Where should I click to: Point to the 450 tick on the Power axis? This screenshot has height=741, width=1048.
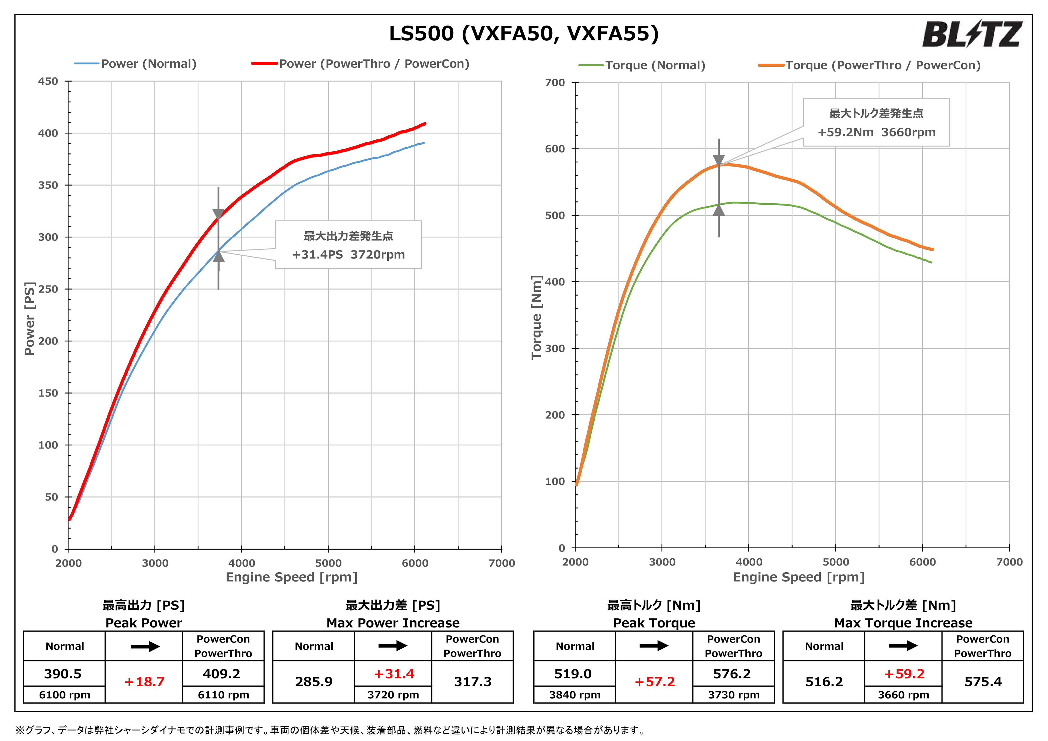pos(48,82)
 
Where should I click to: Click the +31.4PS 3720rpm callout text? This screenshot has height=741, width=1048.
pos(348,255)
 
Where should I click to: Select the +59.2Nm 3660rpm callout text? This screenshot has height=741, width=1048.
pos(876,132)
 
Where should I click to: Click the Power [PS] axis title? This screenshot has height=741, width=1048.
pos(30,318)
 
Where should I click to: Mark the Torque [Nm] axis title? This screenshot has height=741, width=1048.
pos(537,317)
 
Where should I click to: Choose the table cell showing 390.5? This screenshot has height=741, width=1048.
pos(63,674)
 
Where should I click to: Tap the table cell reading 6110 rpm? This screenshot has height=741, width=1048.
pos(223,695)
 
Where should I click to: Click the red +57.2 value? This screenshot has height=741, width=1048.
pos(654,682)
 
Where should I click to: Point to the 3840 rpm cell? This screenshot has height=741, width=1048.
pos(575,695)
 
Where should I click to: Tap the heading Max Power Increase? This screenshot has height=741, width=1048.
pos(393,623)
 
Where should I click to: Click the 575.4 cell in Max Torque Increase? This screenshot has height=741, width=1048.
pos(983,682)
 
